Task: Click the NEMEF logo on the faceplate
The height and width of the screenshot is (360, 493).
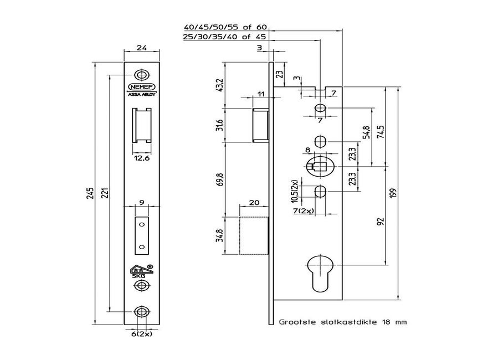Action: click(x=142, y=87)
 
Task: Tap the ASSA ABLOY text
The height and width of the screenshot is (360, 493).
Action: click(x=142, y=94)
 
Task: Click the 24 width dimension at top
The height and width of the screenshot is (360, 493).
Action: click(x=141, y=48)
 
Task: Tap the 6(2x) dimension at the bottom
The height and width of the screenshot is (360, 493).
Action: click(x=142, y=335)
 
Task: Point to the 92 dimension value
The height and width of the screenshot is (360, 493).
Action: click(x=380, y=222)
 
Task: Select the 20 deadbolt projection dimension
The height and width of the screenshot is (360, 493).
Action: click(x=254, y=203)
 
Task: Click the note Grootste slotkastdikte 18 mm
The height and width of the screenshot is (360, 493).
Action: click(x=343, y=321)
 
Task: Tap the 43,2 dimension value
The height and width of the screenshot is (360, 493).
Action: click(x=220, y=86)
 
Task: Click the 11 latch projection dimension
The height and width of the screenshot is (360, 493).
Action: click(x=260, y=95)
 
